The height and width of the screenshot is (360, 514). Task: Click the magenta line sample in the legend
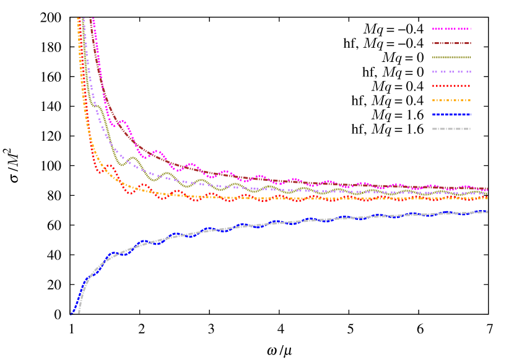(x=451, y=29)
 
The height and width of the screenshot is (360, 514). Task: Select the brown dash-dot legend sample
(x=451, y=43)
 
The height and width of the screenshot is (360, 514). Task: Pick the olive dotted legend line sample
(x=451, y=57)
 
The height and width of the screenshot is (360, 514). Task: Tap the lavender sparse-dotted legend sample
(x=451, y=72)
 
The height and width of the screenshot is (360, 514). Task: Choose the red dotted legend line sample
(x=451, y=86)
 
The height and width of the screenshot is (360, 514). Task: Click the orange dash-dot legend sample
(x=451, y=100)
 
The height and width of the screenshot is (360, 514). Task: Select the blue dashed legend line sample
(x=451, y=115)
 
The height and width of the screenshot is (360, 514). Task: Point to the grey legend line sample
(x=451, y=129)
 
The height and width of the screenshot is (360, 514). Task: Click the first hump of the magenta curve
(x=123, y=121)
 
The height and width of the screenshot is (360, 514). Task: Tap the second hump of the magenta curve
(x=159, y=151)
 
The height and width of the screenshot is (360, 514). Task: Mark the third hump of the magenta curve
(x=191, y=164)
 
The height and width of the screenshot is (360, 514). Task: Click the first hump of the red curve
(x=110, y=166)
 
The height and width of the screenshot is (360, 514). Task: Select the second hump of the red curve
(x=144, y=185)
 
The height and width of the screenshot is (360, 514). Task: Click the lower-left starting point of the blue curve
(x=71, y=314)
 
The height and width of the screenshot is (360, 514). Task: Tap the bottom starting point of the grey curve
(x=79, y=312)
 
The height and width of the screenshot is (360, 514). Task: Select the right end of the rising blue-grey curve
(x=487, y=212)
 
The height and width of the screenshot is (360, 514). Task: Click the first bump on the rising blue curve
(x=112, y=253)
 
